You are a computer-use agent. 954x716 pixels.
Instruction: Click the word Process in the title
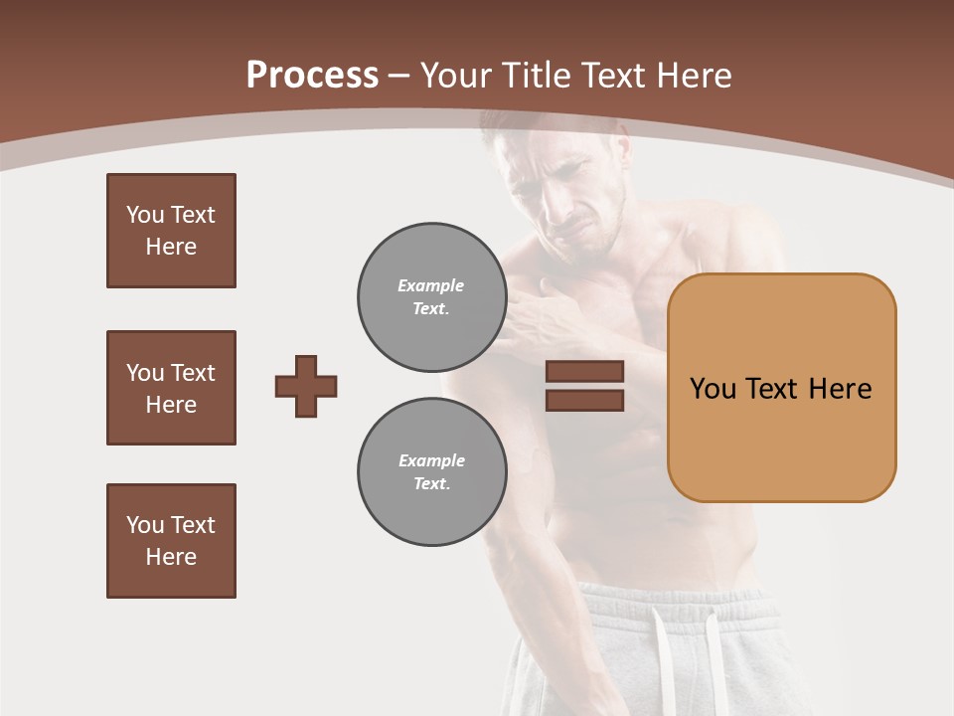tap(312, 75)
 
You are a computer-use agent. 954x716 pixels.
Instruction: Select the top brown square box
tap(171, 231)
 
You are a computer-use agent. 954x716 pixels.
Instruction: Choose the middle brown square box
tap(171, 388)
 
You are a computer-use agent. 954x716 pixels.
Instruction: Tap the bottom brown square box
tap(171, 541)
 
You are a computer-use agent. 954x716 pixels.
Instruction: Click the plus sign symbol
tap(306, 386)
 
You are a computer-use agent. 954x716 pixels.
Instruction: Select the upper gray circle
tap(432, 297)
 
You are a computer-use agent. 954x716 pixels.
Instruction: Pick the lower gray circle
tap(432, 472)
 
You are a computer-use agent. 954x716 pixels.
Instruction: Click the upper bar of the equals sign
tap(584, 371)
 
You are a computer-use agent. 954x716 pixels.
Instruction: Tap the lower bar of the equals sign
tap(584, 400)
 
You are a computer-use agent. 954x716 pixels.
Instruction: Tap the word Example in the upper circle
tap(430, 285)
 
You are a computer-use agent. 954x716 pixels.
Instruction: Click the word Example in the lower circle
tap(431, 460)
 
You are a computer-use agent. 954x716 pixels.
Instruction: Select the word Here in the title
tap(696, 76)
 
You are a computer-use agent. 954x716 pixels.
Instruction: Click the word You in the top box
tap(145, 215)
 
